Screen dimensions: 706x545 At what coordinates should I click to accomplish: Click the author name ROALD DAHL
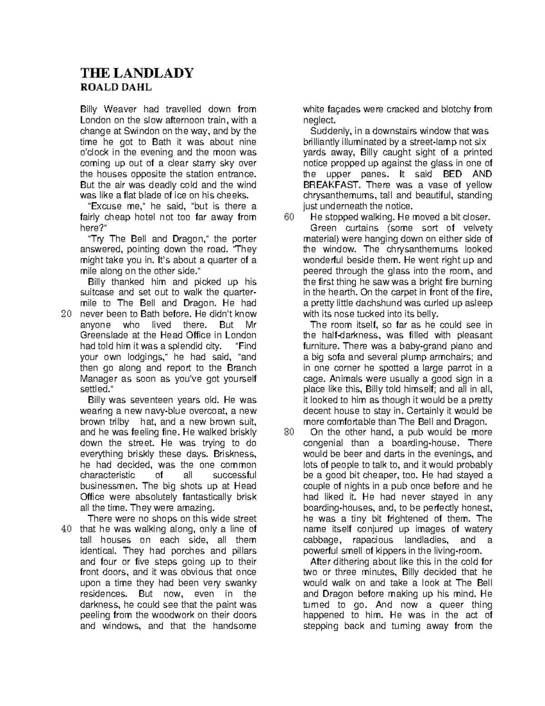point(116,87)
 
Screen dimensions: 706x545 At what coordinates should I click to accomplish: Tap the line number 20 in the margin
point(66,314)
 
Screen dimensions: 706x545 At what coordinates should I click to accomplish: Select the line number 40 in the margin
point(66,529)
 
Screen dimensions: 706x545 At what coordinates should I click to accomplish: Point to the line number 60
point(289,217)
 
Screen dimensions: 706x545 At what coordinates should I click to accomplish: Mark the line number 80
point(289,432)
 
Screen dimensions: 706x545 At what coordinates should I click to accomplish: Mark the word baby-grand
point(414,346)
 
